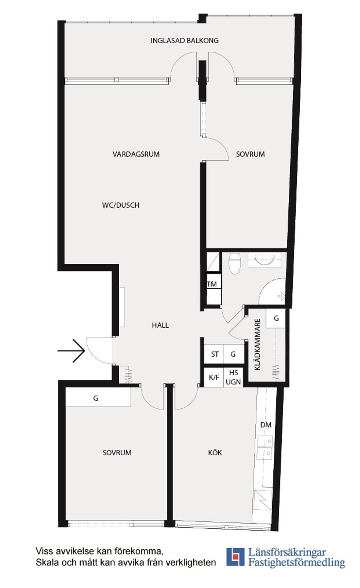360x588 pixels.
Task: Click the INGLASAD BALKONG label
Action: (184, 40)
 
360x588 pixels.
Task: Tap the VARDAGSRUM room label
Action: (136, 154)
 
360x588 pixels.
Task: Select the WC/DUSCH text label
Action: (120, 205)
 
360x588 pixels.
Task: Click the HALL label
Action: (160, 325)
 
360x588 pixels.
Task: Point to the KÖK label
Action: (215, 453)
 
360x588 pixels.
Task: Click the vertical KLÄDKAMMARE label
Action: (258, 345)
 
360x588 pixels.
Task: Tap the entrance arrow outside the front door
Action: (72, 351)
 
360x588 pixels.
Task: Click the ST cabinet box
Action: (214, 354)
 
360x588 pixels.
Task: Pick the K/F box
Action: (214, 378)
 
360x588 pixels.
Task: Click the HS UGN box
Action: (233, 378)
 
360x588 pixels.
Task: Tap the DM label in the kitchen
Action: (265, 425)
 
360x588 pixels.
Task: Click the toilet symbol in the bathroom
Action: (234, 263)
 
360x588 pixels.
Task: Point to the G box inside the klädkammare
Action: (276, 318)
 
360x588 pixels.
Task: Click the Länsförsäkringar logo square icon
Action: (235, 556)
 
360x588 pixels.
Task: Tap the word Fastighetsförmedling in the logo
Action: (297, 562)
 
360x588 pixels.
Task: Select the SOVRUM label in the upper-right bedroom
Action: (250, 154)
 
